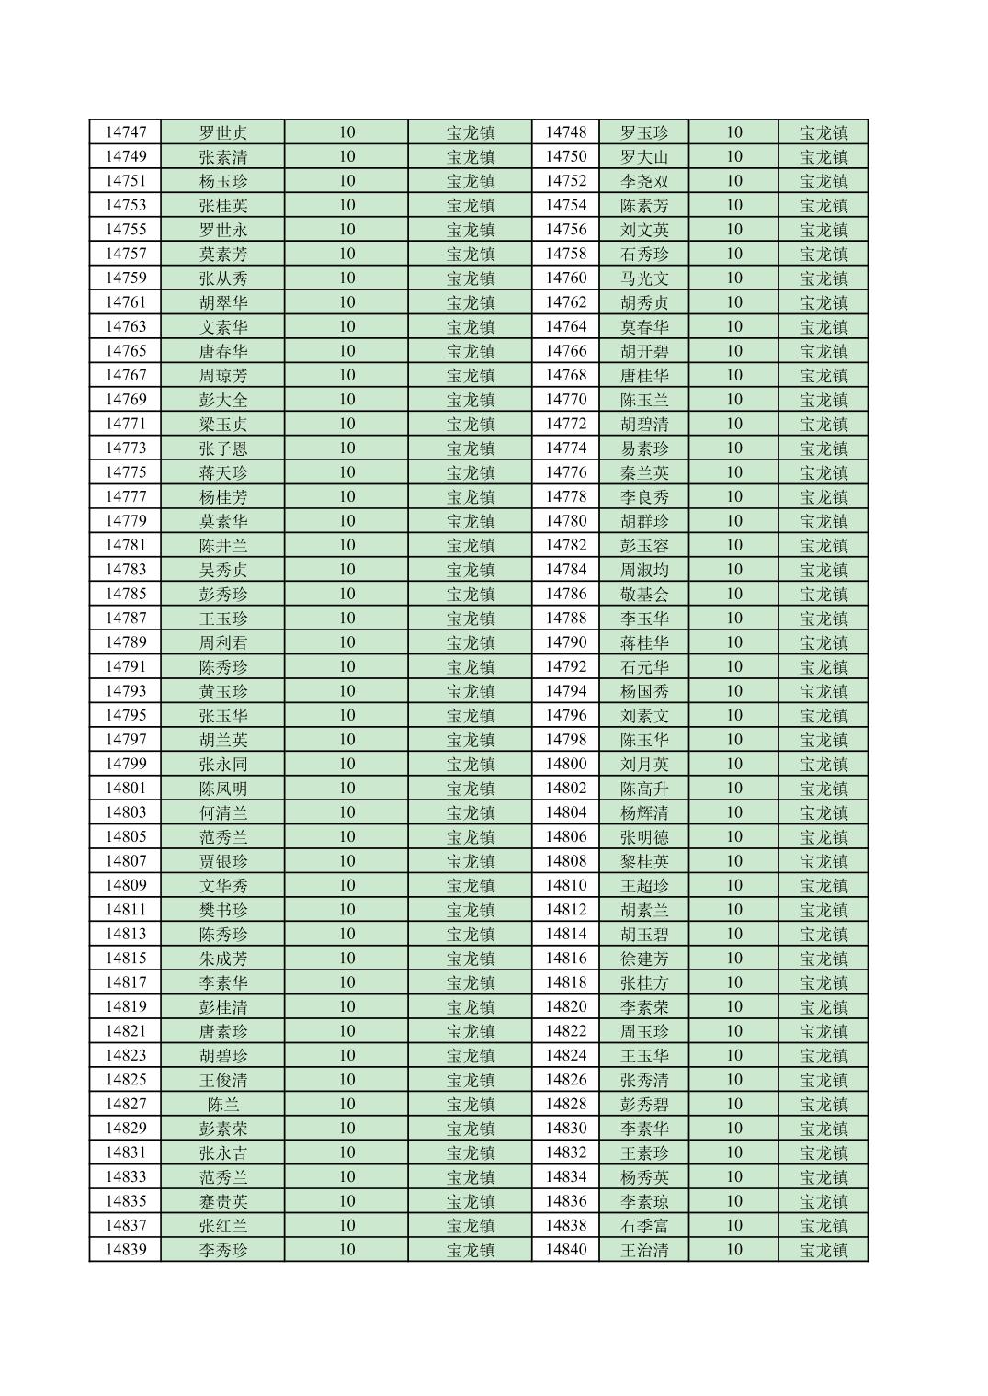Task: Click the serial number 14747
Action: [125, 132]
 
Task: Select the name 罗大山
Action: [644, 157]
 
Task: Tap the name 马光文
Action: [644, 278]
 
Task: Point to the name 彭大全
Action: [223, 400]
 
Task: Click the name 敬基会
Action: [644, 595]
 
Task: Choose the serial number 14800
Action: [565, 764]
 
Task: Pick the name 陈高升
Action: [644, 789]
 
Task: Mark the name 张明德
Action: [644, 837]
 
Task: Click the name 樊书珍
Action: [223, 910]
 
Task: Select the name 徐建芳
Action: [644, 959]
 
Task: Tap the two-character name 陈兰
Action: [223, 1105]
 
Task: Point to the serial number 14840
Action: [565, 1250]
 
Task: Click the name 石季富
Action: [644, 1226]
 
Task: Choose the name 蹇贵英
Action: [223, 1201]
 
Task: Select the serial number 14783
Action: [125, 570]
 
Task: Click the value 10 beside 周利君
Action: [346, 642]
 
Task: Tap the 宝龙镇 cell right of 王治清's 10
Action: [823, 1250]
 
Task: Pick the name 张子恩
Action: [223, 448]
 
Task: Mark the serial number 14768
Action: [565, 375]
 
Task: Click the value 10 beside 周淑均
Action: [733, 570]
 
